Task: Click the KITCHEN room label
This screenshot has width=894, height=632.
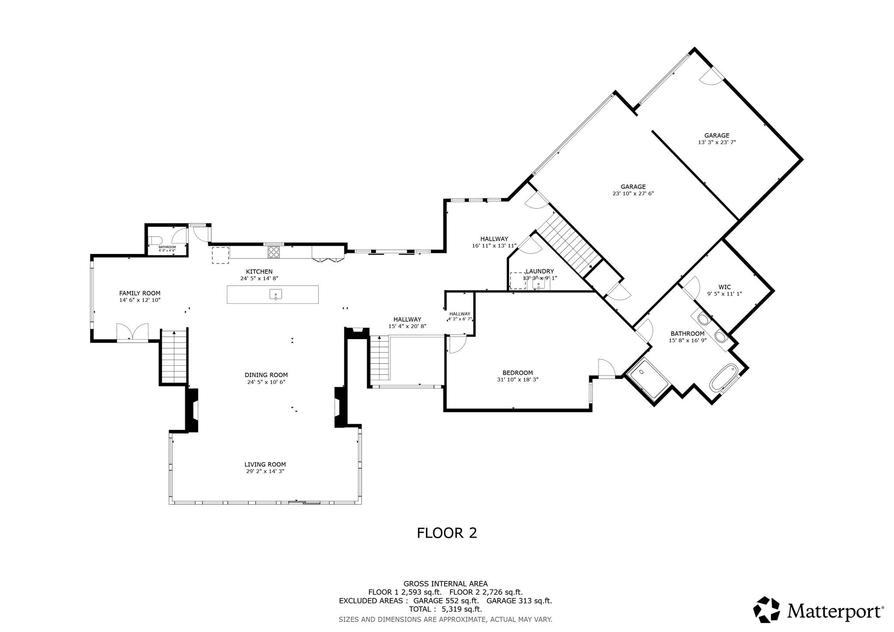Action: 259,271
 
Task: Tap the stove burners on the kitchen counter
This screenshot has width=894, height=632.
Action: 274,252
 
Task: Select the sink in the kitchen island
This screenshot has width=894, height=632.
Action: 275,295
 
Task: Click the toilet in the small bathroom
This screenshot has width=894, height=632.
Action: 155,240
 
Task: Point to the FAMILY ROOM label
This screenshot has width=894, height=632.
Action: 140,293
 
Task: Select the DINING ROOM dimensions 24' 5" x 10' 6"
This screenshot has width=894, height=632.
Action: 266,382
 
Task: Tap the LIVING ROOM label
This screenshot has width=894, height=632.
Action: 265,464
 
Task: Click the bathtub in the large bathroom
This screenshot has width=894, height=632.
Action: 723,378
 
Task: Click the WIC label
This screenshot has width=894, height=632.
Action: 725,287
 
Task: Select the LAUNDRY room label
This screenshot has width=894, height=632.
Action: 540,271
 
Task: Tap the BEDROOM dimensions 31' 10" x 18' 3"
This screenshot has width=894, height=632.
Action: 517,380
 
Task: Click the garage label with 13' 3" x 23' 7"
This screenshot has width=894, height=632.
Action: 716,135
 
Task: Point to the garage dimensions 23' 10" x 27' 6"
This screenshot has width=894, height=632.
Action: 633,193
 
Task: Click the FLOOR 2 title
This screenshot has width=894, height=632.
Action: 447,533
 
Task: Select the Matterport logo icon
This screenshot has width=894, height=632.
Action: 766,609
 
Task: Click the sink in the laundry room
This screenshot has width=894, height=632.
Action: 538,284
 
